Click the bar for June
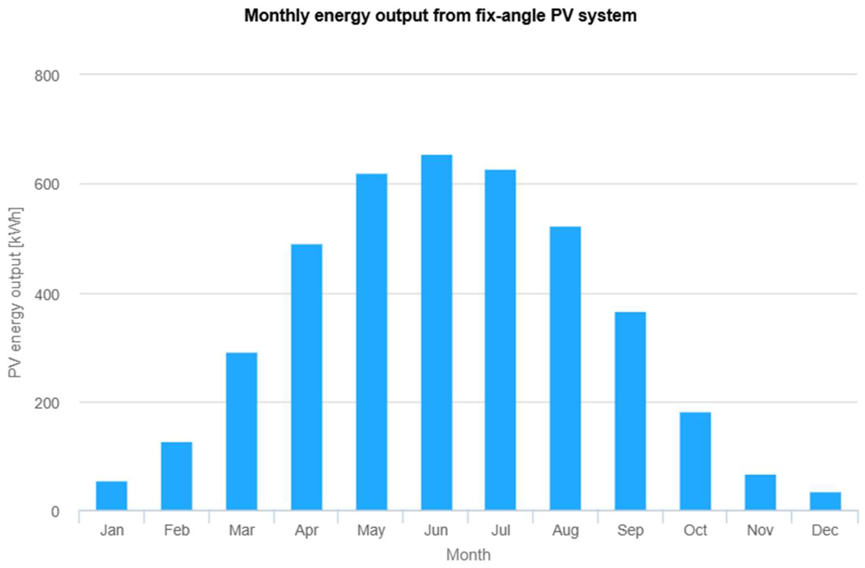tap(437, 332)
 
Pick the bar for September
tap(630, 411)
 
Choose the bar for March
tap(241, 431)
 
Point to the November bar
tap(760, 492)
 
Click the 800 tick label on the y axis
tap(47, 76)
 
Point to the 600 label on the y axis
tap(47, 185)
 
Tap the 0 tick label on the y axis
tap(55, 512)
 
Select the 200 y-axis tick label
tap(47, 403)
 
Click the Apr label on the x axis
tap(306, 531)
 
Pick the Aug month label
tap(565, 531)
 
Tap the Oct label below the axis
tap(695, 530)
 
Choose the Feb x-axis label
tap(177, 530)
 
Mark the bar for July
tap(500, 340)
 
